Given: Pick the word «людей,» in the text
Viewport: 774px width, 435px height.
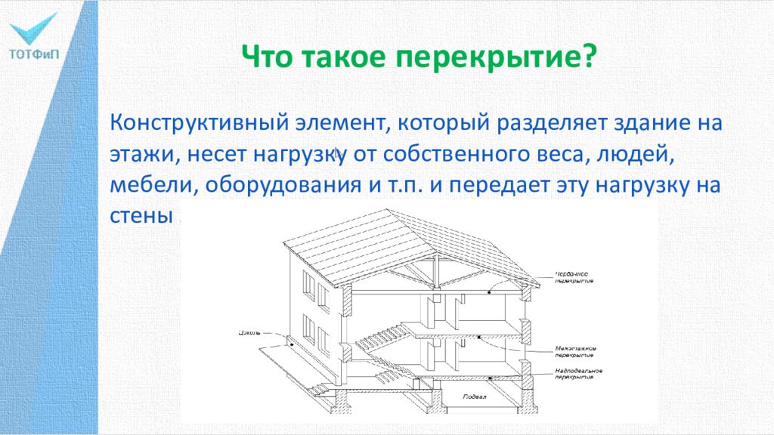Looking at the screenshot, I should (x=631, y=154).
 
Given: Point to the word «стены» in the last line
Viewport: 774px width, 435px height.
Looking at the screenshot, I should (x=141, y=217).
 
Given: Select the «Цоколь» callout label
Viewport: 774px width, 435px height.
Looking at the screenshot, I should (x=250, y=332).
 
